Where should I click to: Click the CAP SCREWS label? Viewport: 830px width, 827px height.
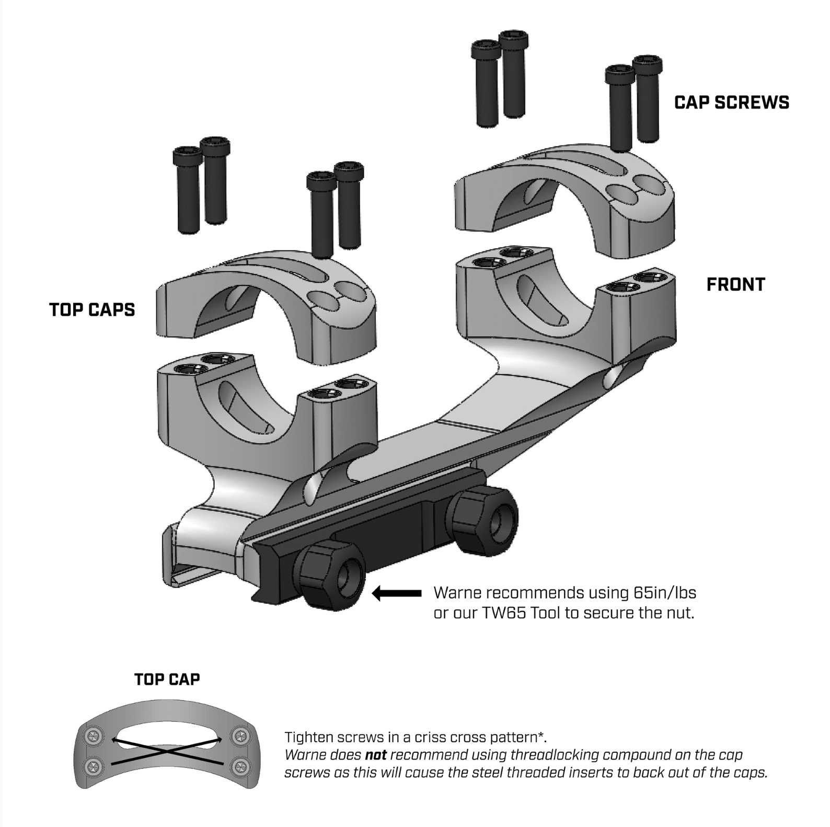pos(731,102)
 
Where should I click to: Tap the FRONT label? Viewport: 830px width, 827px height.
pos(735,285)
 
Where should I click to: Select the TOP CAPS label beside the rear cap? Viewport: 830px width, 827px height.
pos(92,310)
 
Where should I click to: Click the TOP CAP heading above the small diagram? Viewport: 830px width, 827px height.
pos(167,680)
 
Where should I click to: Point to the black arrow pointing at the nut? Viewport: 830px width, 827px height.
pos(397,593)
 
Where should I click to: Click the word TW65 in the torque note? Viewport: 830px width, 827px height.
pos(503,613)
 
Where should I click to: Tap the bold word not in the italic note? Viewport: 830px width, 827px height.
pos(375,755)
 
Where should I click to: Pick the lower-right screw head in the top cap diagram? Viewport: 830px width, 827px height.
pos(240,767)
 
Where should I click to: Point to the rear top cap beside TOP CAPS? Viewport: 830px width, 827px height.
pos(267,306)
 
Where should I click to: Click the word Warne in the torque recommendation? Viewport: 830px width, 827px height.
pos(456,593)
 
